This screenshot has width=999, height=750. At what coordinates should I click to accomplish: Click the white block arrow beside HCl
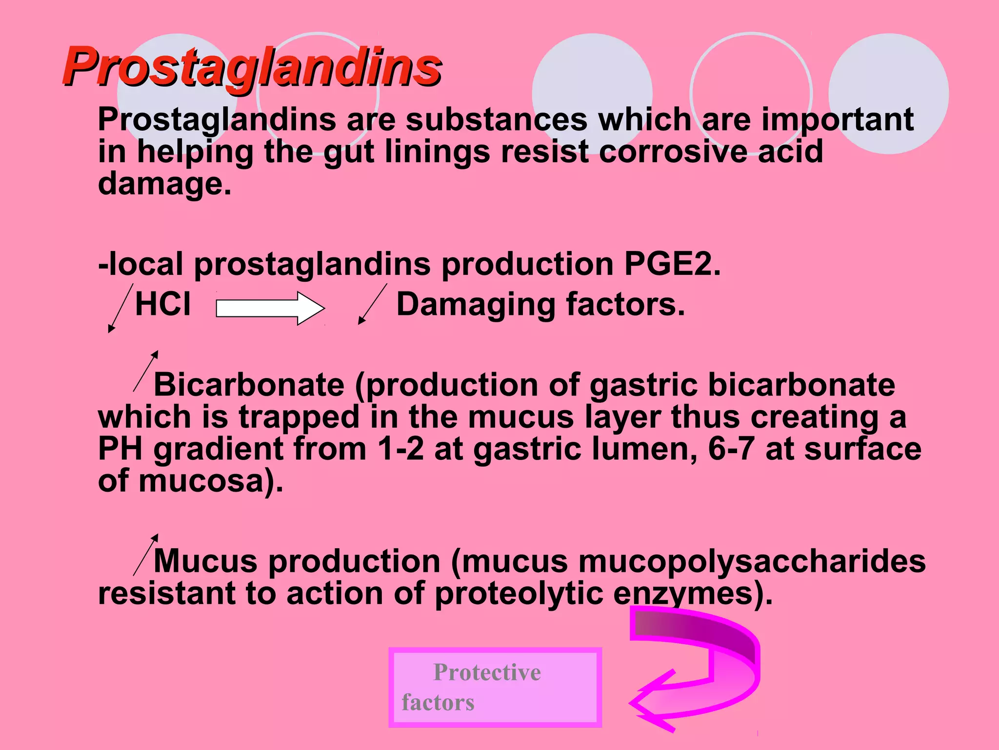click(270, 309)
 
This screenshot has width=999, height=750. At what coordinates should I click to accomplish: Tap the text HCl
click(162, 304)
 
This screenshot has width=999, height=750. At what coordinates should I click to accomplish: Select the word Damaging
click(476, 305)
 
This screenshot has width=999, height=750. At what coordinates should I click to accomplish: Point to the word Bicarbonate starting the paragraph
click(249, 385)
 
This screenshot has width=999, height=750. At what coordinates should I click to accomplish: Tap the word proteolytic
click(519, 593)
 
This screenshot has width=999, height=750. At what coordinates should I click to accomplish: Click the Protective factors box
click(495, 687)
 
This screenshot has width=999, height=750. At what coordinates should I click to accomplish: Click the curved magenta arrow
click(698, 669)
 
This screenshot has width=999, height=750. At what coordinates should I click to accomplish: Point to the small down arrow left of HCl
click(120, 309)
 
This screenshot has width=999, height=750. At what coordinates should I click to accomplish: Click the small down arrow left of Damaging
click(372, 304)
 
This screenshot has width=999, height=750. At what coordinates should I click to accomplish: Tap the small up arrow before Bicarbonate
click(146, 371)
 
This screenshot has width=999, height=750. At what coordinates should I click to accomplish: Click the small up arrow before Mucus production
click(146, 554)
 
